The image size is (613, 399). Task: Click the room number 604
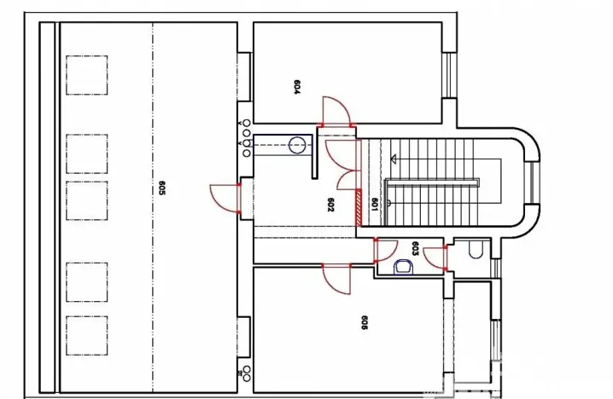tap(297, 88)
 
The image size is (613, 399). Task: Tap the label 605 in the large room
tap(162, 188)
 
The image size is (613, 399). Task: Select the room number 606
tap(364, 323)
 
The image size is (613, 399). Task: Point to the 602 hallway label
tap(330, 205)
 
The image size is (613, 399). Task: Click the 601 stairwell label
tap(374, 205)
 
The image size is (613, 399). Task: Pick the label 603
tap(416, 249)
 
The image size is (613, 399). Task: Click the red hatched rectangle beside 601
tap(359, 208)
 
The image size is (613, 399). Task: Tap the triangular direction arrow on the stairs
tap(394, 159)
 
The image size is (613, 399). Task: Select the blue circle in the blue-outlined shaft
tap(297, 145)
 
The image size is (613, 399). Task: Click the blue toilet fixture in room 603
tap(404, 267)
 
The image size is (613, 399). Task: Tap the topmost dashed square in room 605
tap(87, 75)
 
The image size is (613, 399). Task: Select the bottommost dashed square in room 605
tap(87, 336)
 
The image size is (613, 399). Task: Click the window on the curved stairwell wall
tap(534, 182)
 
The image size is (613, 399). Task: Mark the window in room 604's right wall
tap(449, 75)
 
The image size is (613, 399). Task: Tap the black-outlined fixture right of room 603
tap(476, 250)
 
